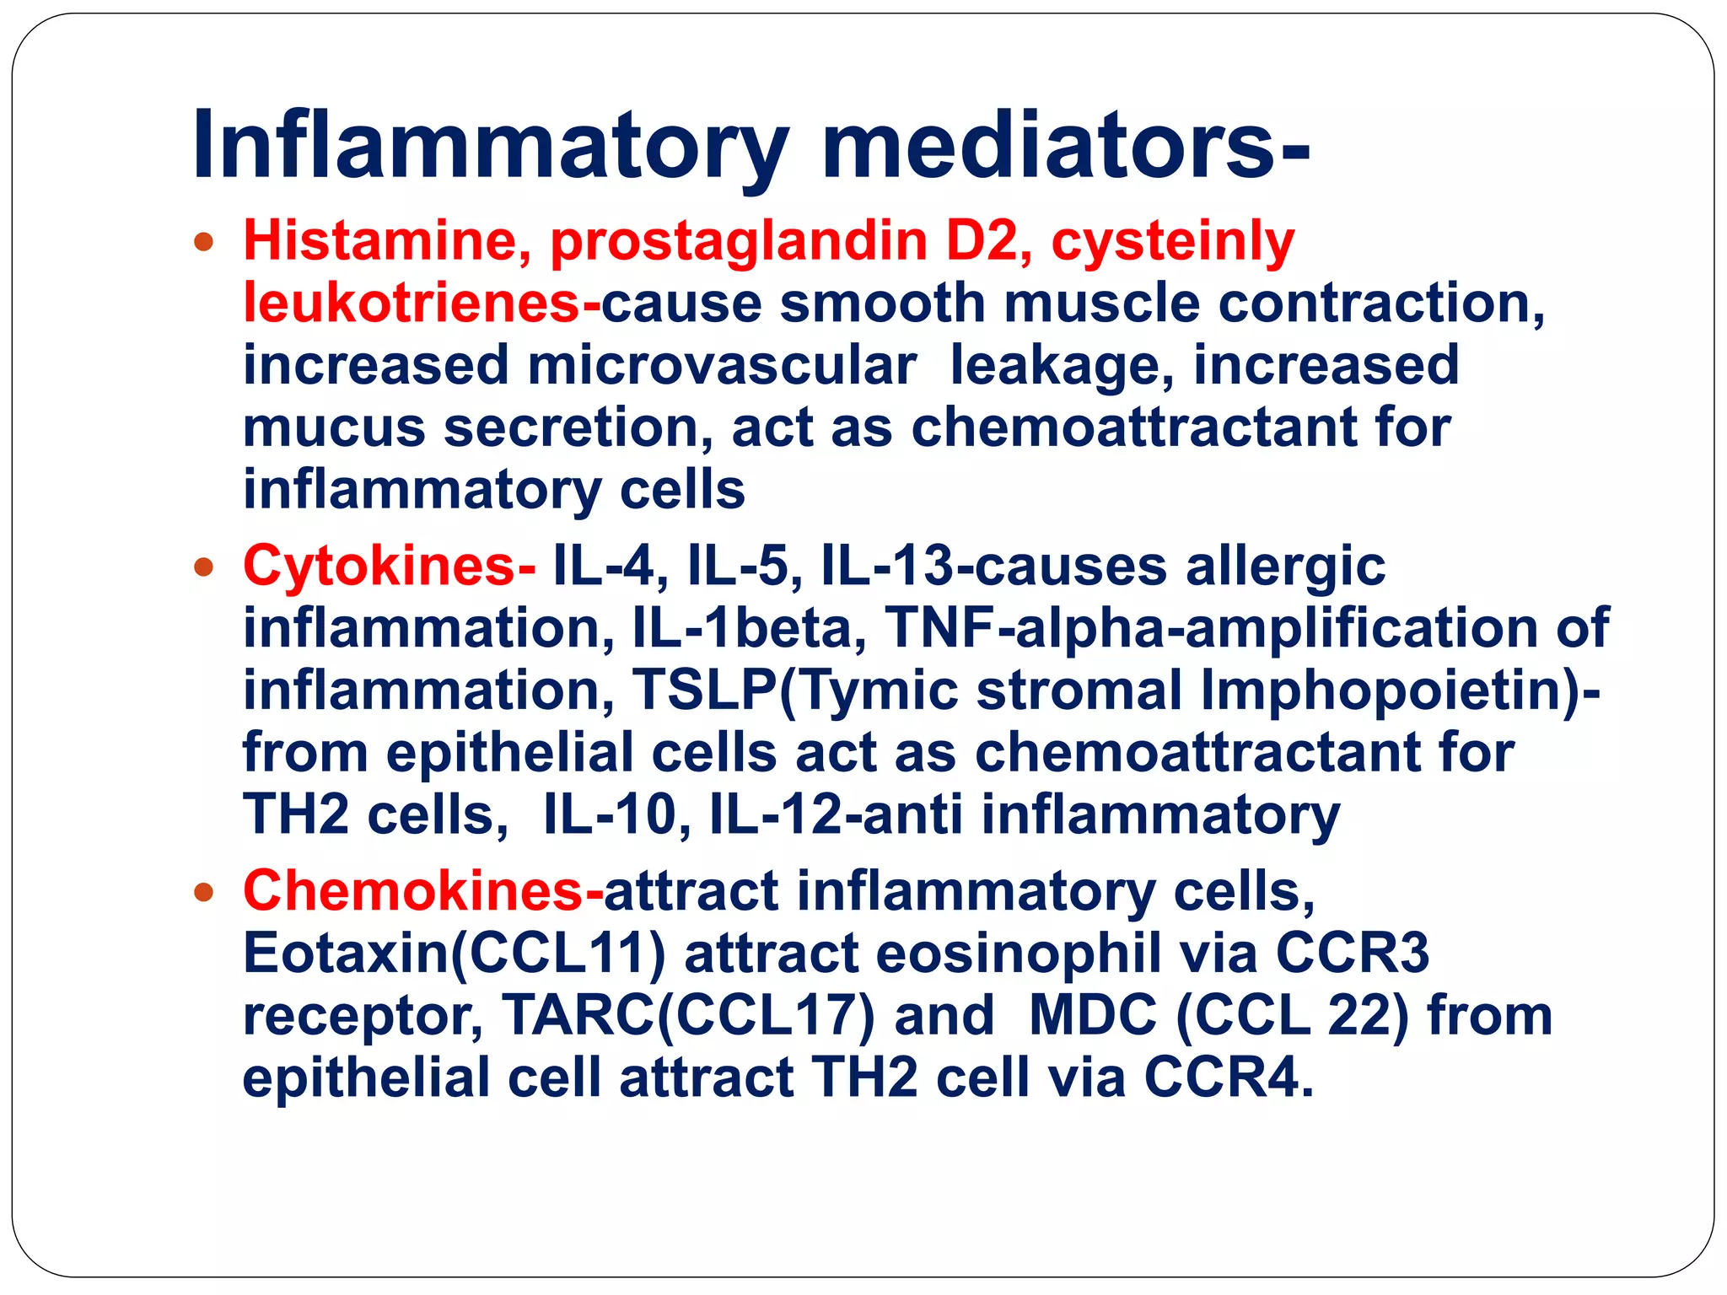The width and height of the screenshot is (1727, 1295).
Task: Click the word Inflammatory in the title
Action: (490, 145)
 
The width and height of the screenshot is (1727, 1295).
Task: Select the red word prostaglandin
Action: (738, 241)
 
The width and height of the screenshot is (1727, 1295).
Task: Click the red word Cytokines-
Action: (389, 566)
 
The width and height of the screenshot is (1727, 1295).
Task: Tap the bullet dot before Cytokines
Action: (203, 567)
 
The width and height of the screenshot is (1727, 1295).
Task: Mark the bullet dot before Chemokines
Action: (203, 892)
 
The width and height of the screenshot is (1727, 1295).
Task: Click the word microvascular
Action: (722, 366)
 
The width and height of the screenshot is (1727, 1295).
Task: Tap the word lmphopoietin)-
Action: (1400, 690)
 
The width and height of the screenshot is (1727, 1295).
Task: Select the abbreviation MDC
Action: (1093, 1016)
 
